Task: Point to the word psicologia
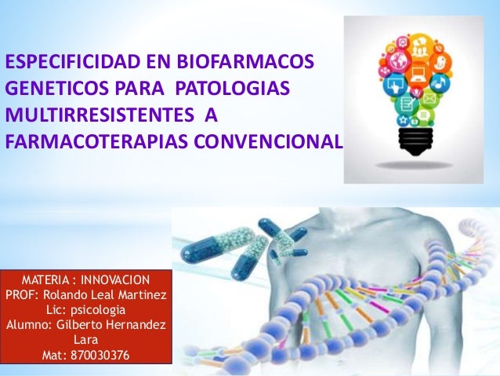pos(99,310)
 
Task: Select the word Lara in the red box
pos(85,341)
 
